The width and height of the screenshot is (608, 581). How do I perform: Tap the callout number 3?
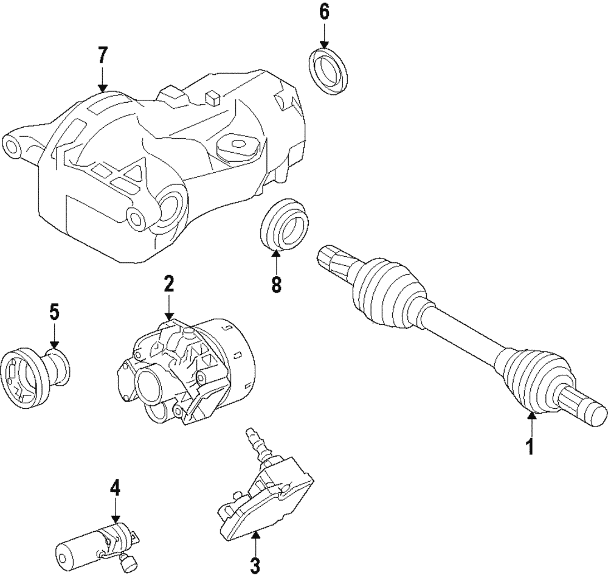tap(255, 565)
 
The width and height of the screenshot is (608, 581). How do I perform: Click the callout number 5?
tap(54, 313)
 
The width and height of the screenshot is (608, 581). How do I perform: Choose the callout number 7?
tap(102, 55)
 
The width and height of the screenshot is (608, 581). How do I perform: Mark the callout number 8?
tap(277, 284)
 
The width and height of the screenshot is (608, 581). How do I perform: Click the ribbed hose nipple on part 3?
tap(256, 444)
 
